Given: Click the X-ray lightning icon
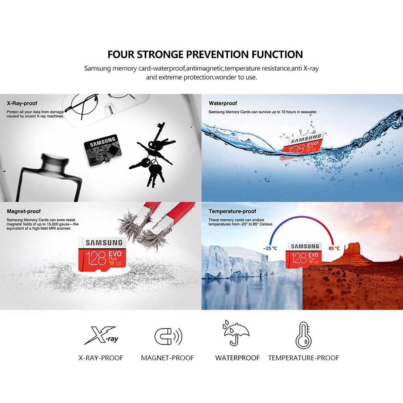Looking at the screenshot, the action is coord(101,335).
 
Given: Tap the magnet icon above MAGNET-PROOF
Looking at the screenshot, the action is coord(168,336).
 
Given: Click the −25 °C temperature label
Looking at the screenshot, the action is coord(270,248).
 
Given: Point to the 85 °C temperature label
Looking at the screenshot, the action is coord(334,248).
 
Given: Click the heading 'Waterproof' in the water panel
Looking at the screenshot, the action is coord(223,103).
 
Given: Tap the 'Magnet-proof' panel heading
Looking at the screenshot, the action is coord(24,211).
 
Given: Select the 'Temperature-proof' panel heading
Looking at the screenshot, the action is coord(233,211).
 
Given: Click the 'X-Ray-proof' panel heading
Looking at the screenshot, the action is coord(22,103).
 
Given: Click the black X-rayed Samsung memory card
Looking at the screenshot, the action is coord(102,150).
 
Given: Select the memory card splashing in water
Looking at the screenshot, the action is coord(303,146).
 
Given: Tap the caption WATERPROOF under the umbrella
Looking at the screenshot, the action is coord(237,358).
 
